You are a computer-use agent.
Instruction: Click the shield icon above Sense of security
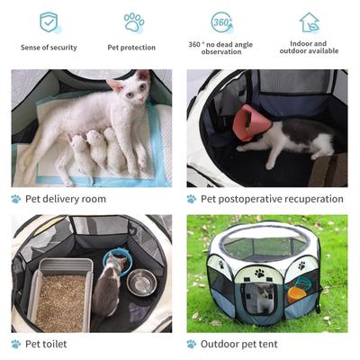(x=49, y=22)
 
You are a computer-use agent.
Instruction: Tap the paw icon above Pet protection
(x=133, y=22)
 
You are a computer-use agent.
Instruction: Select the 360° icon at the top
(x=221, y=22)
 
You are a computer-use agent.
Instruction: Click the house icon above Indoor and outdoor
(x=309, y=22)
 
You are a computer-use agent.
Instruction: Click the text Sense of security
(x=49, y=47)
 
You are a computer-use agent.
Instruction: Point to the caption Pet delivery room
(x=65, y=199)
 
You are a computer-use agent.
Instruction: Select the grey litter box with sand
(x=61, y=292)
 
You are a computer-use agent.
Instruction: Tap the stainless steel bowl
(x=141, y=284)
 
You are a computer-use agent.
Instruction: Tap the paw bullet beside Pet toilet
(x=16, y=344)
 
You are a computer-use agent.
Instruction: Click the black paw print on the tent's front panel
(x=259, y=272)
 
